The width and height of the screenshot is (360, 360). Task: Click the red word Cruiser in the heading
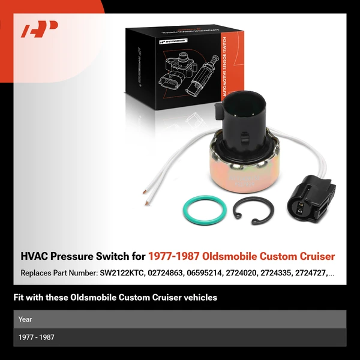tap(316, 257)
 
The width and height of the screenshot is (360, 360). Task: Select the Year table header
tap(25, 319)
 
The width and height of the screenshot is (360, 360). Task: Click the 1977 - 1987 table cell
tap(37, 337)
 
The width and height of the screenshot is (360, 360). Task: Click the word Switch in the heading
tap(112, 257)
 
